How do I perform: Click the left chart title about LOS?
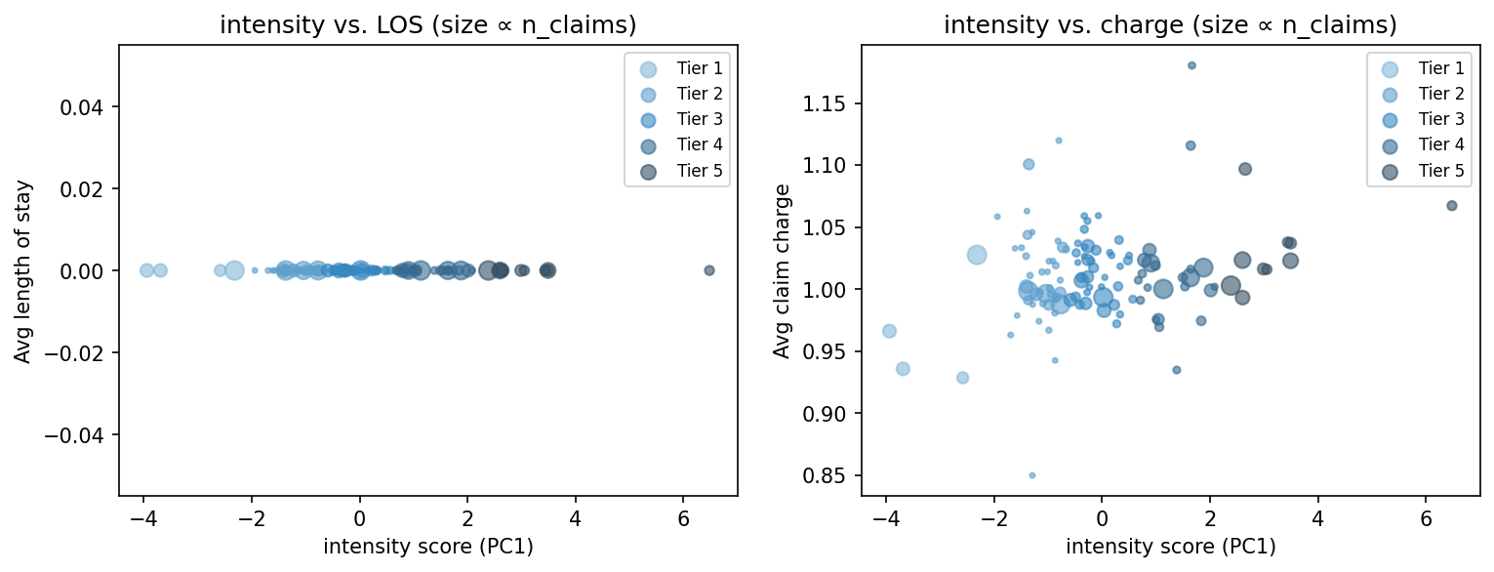pyautogui.click(x=427, y=25)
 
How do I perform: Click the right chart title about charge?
pyautogui.click(x=1170, y=25)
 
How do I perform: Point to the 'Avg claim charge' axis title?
pyautogui.click(x=782, y=270)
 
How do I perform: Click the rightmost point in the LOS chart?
pyautogui.click(x=709, y=270)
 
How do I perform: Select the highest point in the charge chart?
pyautogui.click(x=1191, y=65)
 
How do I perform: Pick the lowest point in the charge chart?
pyautogui.click(x=1031, y=475)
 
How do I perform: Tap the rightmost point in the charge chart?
pyautogui.click(x=1452, y=206)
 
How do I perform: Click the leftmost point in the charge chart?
pyautogui.click(x=889, y=331)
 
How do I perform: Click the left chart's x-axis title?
pyautogui.click(x=427, y=547)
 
